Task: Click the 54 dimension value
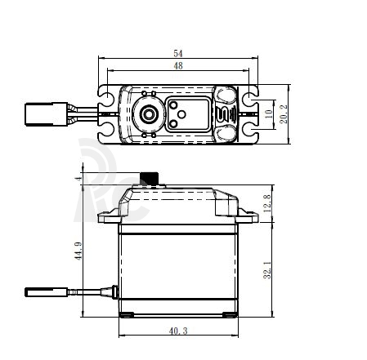(x=178, y=53)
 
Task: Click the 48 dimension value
(x=178, y=65)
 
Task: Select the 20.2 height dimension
(x=284, y=114)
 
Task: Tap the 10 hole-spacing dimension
(x=269, y=113)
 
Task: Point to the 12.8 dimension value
(x=267, y=203)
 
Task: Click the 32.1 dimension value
(x=267, y=269)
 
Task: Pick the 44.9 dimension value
(x=78, y=251)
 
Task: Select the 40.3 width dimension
(x=178, y=331)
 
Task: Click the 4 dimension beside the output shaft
(x=78, y=179)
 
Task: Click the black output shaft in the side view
(x=149, y=179)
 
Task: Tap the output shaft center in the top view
(x=149, y=114)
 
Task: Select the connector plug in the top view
(x=47, y=114)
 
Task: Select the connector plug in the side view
(x=47, y=292)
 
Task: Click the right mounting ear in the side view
(x=248, y=216)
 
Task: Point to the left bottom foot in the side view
(x=127, y=315)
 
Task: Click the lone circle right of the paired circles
(x=181, y=114)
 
